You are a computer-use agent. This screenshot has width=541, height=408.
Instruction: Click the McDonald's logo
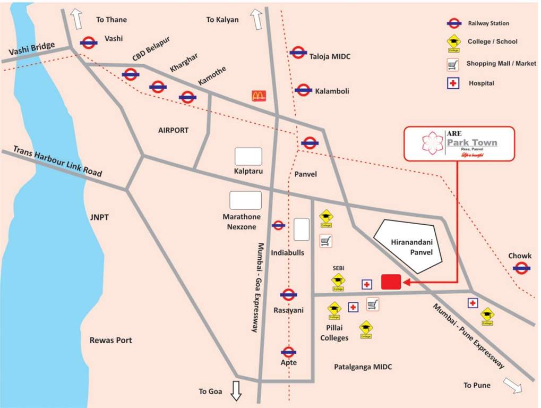click(259, 96)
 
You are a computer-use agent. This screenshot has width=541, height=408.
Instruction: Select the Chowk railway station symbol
click(521, 269)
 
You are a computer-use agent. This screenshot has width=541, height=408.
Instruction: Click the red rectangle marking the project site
click(391, 282)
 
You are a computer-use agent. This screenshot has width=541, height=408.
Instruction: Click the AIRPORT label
click(173, 130)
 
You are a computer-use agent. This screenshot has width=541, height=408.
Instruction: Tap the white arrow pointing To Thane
click(78, 20)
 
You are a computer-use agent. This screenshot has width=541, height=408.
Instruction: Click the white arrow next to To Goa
click(236, 391)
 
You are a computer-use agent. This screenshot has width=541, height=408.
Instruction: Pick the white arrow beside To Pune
click(513, 385)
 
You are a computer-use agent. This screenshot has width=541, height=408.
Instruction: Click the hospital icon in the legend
click(452, 83)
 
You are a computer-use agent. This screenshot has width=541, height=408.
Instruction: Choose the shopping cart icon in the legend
click(452, 64)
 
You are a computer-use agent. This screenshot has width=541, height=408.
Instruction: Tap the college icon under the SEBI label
click(338, 281)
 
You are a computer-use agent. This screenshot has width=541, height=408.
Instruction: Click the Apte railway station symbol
click(288, 351)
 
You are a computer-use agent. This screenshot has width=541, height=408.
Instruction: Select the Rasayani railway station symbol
click(288, 295)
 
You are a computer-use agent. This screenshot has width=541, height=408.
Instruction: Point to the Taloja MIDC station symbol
click(298, 52)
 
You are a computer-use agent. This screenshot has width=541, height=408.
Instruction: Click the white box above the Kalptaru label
click(248, 156)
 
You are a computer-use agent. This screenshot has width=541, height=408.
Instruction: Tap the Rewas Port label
click(110, 340)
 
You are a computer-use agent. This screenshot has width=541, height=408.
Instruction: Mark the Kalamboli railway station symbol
click(303, 90)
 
